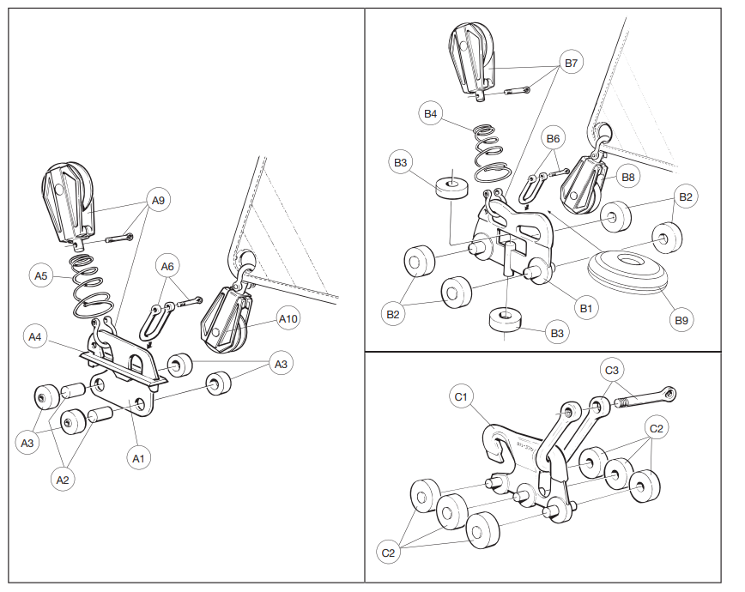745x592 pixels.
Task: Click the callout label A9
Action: click(x=158, y=201)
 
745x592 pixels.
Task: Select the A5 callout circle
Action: click(x=40, y=275)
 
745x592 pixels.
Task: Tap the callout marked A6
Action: click(x=167, y=267)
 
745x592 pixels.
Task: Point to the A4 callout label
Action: click(x=35, y=337)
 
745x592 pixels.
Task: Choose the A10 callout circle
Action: click(x=288, y=319)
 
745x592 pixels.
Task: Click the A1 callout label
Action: click(x=138, y=459)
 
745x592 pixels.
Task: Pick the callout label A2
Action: click(x=62, y=480)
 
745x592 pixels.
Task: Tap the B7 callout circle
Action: click(x=572, y=63)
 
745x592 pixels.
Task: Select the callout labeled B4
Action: click(x=429, y=113)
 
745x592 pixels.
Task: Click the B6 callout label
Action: click(x=554, y=139)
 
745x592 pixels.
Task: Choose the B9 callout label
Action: click(x=681, y=321)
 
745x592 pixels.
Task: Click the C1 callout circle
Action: click(x=461, y=396)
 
